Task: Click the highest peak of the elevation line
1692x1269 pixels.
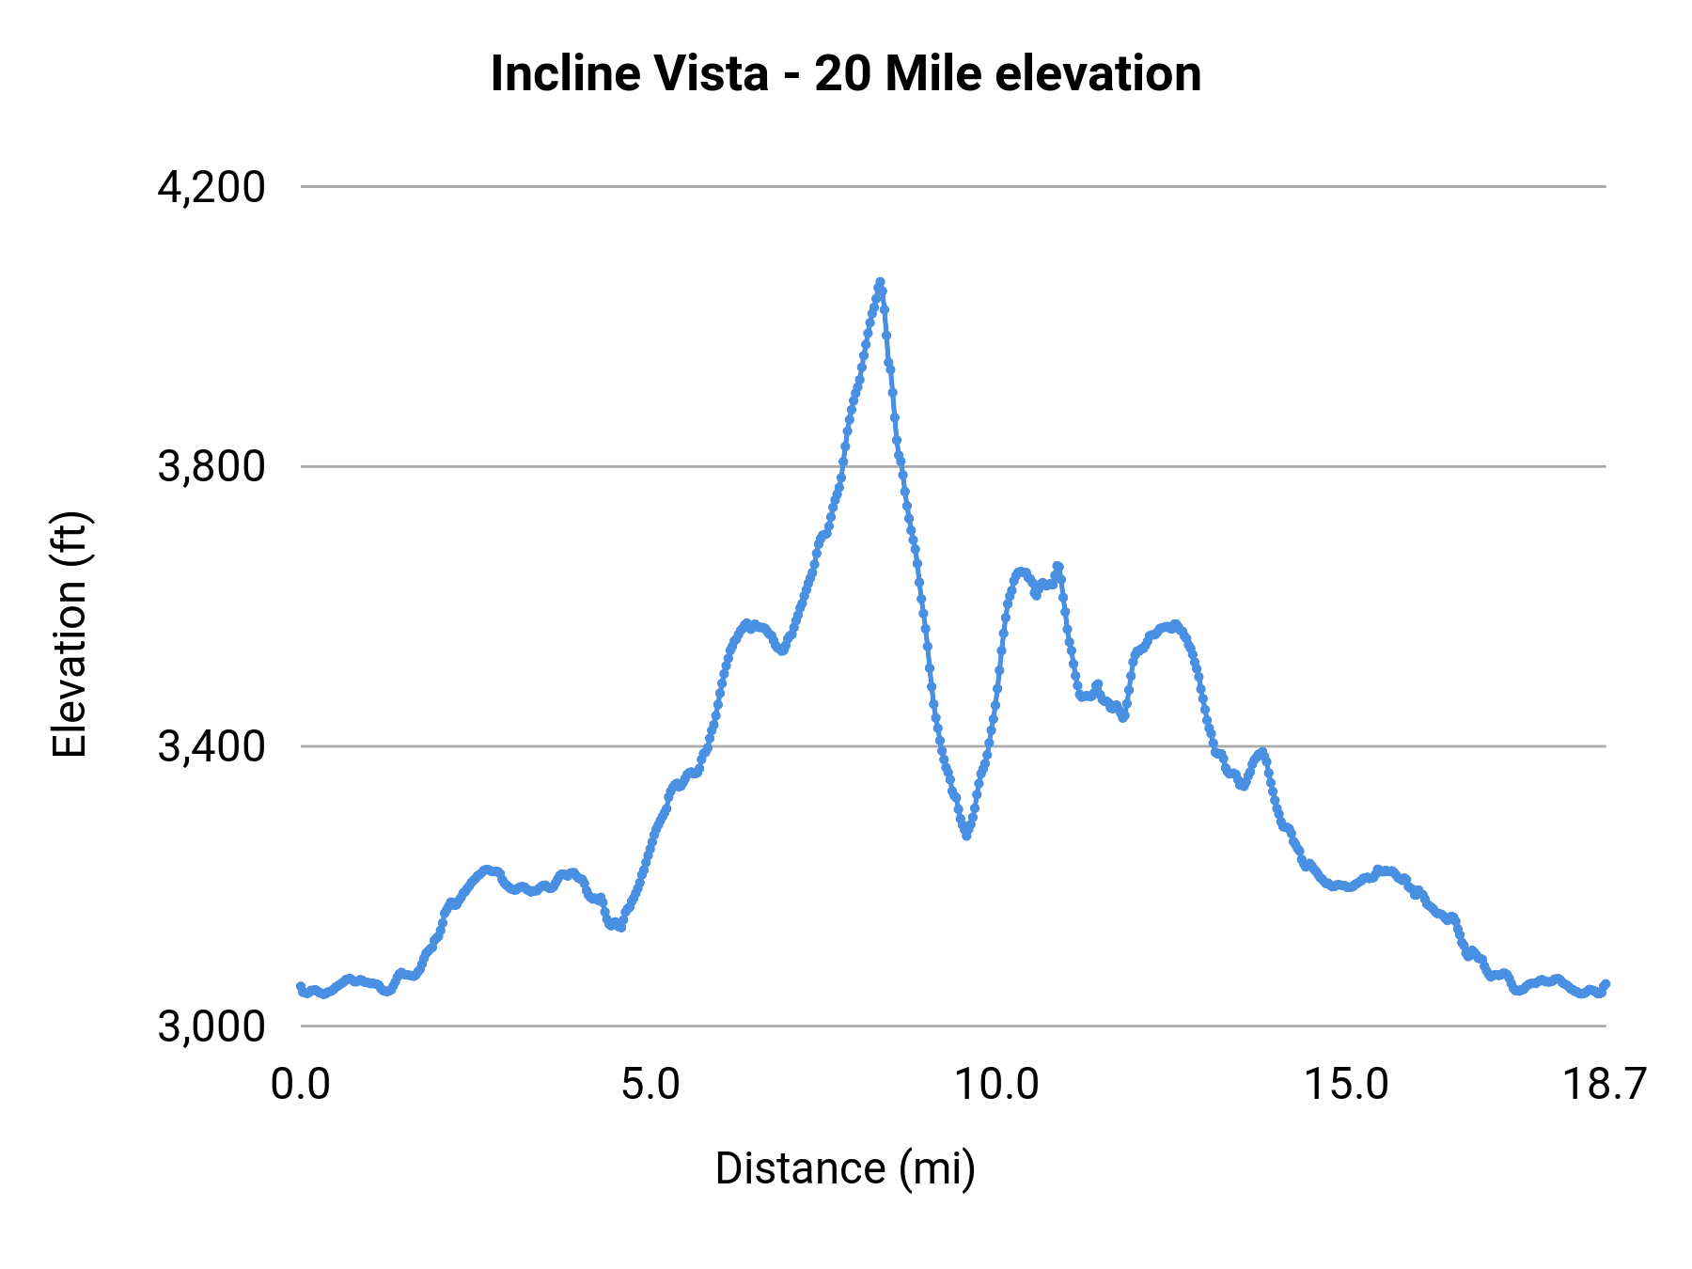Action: click(880, 282)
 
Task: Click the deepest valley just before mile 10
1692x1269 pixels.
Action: click(966, 835)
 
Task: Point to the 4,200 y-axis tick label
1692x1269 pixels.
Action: click(211, 187)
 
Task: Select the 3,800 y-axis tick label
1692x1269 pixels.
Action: click(211, 466)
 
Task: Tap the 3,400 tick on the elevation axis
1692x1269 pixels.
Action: click(211, 746)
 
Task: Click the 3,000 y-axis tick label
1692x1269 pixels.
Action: click(211, 1026)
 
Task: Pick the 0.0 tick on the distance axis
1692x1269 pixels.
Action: click(301, 1085)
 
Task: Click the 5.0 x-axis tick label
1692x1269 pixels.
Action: click(650, 1085)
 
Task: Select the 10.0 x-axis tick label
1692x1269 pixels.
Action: click(997, 1085)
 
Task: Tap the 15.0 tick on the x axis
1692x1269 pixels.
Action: click(1346, 1085)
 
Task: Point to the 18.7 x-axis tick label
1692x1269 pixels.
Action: click(1604, 1085)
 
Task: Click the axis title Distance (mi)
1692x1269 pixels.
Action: click(845, 1168)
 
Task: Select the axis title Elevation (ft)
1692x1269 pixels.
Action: click(70, 634)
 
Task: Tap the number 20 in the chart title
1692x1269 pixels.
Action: click(843, 73)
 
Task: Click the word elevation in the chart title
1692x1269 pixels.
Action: click(1097, 73)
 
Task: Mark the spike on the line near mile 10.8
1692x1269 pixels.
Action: click(1057, 566)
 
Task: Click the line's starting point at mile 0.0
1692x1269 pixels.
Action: click(301, 986)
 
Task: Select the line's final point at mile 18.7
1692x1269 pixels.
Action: click(1606, 984)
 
